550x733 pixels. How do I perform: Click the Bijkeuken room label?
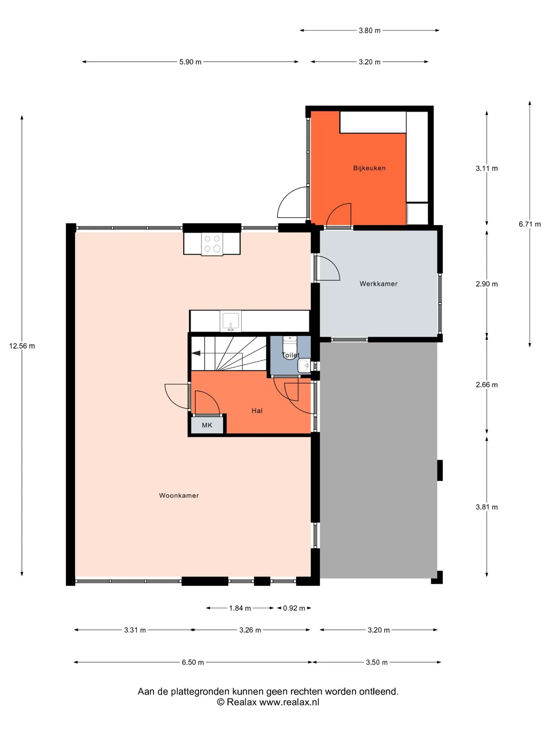(x=369, y=168)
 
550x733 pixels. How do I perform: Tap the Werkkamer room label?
(x=379, y=284)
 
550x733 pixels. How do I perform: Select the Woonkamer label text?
(x=179, y=496)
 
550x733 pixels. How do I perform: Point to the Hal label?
(x=257, y=411)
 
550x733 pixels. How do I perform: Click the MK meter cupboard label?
(x=207, y=425)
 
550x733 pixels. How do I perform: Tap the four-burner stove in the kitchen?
(x=212, y=244)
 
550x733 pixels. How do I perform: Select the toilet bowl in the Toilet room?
(x=290, y=347)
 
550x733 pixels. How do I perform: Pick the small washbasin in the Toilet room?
(x=304, y=366)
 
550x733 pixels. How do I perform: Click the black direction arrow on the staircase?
(x=196, y=353)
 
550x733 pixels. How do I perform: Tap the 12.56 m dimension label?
(x=22, y=346)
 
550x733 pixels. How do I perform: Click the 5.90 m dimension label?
(x=190, y=62)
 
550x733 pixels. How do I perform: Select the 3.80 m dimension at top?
(x=369, y=31)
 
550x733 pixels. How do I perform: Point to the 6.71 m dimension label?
(x=530, y=224)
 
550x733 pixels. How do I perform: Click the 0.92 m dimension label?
(x=294, y=608)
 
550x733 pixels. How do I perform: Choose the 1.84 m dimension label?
(x=240, y=608)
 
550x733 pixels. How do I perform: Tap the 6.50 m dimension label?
(x=193, y=662)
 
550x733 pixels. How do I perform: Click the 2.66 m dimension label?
(x=487, y=385)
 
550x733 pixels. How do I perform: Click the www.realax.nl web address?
(x=289, y=702)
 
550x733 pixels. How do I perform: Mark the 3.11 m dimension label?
(x=487, y=168)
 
